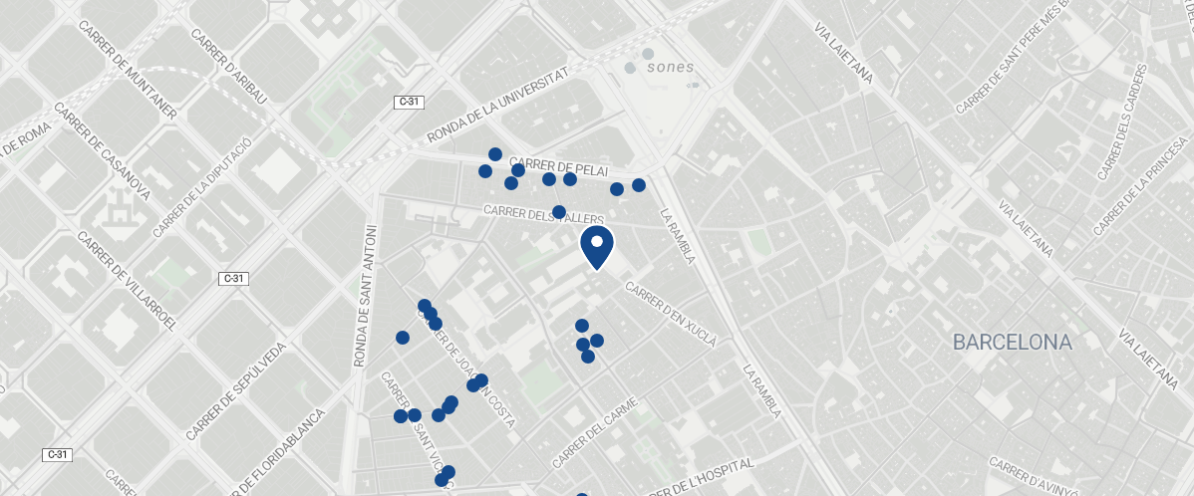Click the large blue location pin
coord(596,246)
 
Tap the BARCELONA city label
coord(1012,343)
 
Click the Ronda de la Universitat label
coord(497,106)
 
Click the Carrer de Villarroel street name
coord(127,282)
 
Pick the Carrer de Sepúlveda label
coord(235,391)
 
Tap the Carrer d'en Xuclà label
coord(671,314)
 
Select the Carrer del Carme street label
coord(594,433)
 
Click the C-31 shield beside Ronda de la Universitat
coord(410,102)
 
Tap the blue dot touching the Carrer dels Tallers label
coord(559,212)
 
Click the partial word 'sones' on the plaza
coord(670,68)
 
